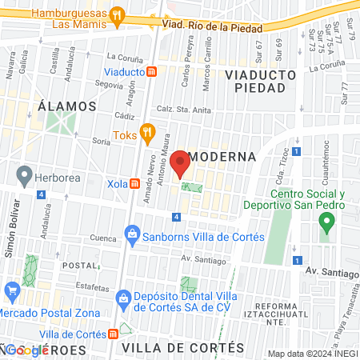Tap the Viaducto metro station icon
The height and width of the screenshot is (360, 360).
[152, 72]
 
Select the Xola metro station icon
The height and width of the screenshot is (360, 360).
[135, 183]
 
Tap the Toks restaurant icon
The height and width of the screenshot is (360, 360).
[146, 131]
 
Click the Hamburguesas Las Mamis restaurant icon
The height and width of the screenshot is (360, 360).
[118, 14]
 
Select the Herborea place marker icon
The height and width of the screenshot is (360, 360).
[25, 173]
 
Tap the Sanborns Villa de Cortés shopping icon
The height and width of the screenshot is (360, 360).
[133, 235]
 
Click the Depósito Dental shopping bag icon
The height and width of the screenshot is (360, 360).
[124, 300]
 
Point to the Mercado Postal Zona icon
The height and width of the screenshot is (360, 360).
[11, 289]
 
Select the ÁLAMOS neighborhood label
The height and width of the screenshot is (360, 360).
[66, 106]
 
